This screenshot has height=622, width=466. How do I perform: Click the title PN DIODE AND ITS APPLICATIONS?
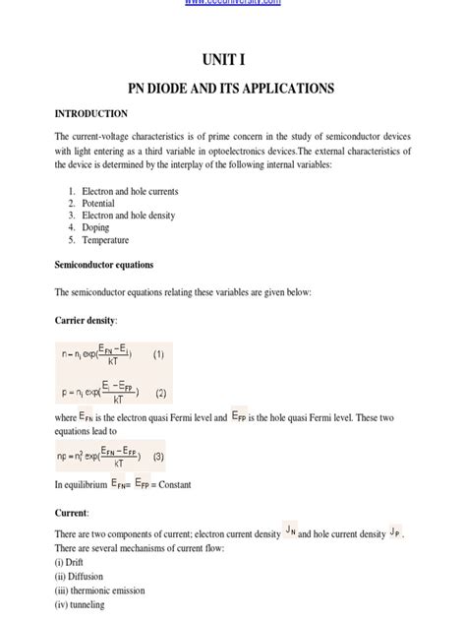pyautogui.click(x=232, y=89)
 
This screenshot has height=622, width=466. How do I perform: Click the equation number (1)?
pyautogui.click(x=159, y=351)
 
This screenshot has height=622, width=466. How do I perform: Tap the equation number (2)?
pyautogui.click(x=161, y=393)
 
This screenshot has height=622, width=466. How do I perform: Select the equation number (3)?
pyautogui.click(x=158, y=457)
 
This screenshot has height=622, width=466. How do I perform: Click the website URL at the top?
pyautogui.click(x=232, y=4)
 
